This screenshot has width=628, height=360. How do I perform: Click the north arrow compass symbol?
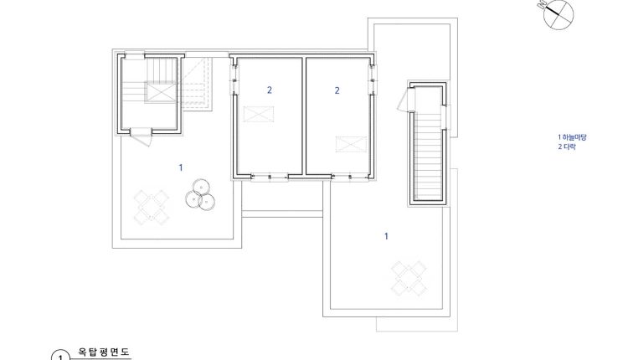click(558, 14)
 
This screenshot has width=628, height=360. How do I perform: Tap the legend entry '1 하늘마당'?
click(572, 137)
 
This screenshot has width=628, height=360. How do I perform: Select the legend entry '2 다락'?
click(567, 147)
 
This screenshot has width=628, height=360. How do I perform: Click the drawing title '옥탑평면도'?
click(104, 352)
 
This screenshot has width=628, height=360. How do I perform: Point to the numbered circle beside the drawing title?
click(61, 356)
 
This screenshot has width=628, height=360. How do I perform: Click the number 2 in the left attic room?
click(270, 90)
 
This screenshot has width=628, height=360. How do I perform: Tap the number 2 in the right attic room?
click(337, 90)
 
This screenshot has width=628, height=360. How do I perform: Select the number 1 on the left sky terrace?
click(181, 167)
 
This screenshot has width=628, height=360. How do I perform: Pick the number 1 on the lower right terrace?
click(386, 236)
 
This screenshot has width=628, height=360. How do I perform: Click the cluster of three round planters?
click(200, 194)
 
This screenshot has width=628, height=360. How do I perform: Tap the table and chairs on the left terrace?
click(151, 207)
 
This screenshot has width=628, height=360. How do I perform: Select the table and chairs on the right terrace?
click(409, 278)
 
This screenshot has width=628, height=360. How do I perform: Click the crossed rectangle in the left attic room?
click(259, 114)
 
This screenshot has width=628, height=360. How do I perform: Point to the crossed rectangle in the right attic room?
click(351, 145)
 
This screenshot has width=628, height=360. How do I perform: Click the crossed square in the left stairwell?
click(160, 92)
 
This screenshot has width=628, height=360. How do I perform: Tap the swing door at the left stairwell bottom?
click(142, 136)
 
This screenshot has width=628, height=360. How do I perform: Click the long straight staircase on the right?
click(428, 157)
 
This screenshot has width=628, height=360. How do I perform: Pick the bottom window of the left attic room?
click(270, 177)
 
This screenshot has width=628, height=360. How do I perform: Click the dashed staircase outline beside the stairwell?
click(197, 85)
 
